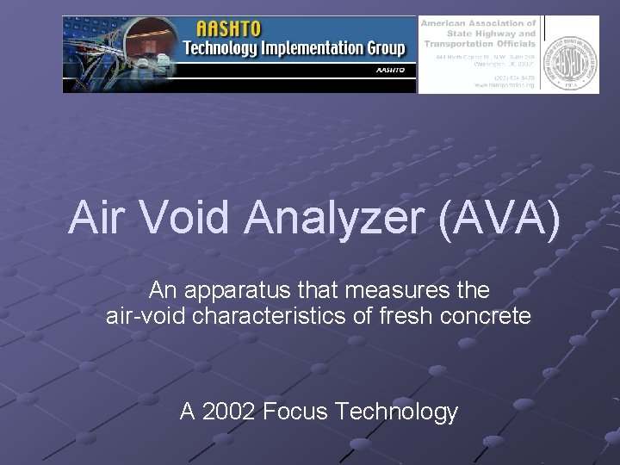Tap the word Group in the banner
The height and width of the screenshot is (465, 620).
pyautogui.click(x=383, y=47)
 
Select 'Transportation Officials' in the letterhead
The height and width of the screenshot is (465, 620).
pyautogui.click(x=478, y=44)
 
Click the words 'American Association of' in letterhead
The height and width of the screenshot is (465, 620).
pyautogui.click(x=478, y=23)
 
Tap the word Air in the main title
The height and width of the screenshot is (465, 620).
pyautogui.click(x=95, y=217)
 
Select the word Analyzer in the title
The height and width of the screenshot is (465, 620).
pyautogui.click(x=335, y=217)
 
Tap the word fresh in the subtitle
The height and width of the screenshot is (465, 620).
pyautogui.click(x=406, y=316)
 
